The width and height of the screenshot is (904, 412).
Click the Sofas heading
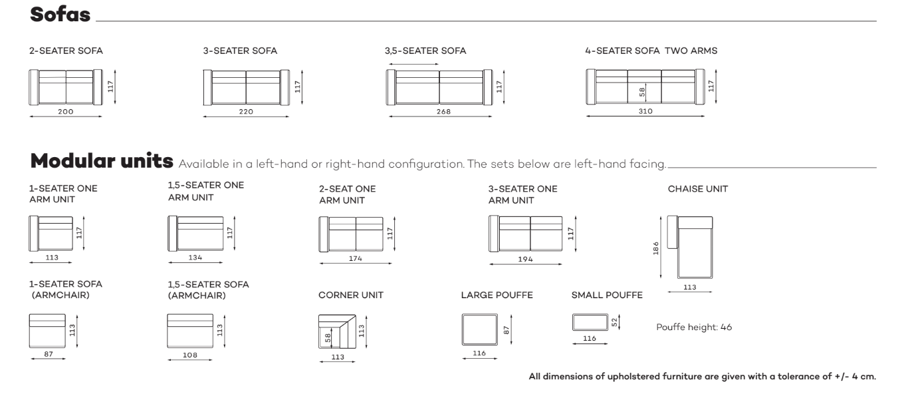pos(60,15)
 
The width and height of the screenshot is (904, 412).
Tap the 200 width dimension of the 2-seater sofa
pos(65,112)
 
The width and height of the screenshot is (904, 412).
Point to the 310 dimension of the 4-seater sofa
pos(645,112)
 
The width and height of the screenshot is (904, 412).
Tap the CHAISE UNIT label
pos(697,189)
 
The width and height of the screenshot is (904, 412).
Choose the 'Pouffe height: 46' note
pos(694,327)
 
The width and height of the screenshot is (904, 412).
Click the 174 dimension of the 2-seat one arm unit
pos(355,258)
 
